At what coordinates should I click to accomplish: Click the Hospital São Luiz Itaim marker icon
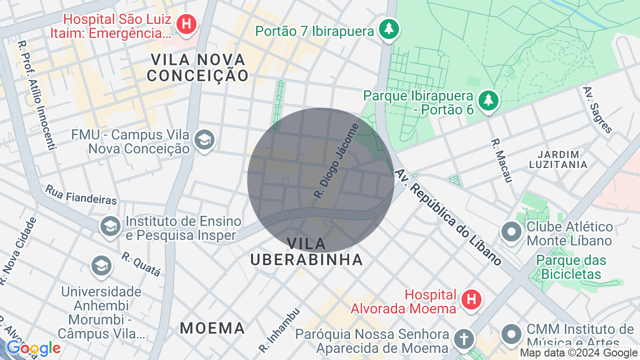(187, 24)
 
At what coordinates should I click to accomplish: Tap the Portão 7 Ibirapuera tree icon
(388, 29)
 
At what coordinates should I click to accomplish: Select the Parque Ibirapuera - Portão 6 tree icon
(488, 100)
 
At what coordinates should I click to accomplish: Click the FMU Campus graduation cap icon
(204, 140)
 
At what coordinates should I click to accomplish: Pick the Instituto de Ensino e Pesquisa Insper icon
(110, 226)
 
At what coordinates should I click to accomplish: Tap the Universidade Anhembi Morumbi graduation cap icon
(101, 265)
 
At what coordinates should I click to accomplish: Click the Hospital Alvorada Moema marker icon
(470, 300)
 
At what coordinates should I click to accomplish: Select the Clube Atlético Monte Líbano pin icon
(511, 232)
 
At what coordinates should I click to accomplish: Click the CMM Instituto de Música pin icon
(511, 333)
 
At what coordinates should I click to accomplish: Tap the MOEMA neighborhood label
(212, 328)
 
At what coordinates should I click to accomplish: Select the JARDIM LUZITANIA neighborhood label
(558, 159)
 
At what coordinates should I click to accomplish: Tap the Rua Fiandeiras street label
(81, 195)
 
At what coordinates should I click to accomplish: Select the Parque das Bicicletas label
(571, 267)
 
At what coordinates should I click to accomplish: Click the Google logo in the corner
(33, 348)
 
